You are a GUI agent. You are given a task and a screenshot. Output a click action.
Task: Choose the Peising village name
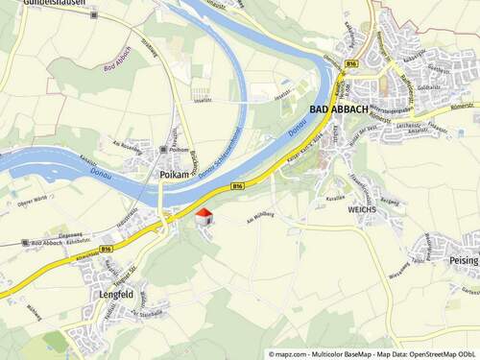coord(463,259)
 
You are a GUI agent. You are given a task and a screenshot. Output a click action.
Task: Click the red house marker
coord(204,215)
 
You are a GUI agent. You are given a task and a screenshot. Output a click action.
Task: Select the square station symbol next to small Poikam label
coord(165,150)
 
